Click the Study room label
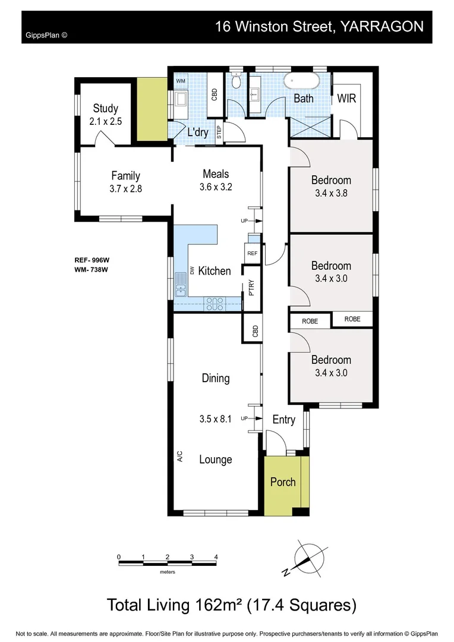[105, 109]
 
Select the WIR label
[346, 98]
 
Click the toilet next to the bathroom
[237, 80]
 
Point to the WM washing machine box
[180, 80]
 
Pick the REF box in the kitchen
[252, 253]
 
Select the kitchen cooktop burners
[213, 303]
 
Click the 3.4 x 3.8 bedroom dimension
[331, 193]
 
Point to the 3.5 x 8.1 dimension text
[215, 418]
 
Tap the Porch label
[283, 481]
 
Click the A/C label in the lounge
[179, 457]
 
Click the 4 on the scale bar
[216, 556]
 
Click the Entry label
[283, 420]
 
